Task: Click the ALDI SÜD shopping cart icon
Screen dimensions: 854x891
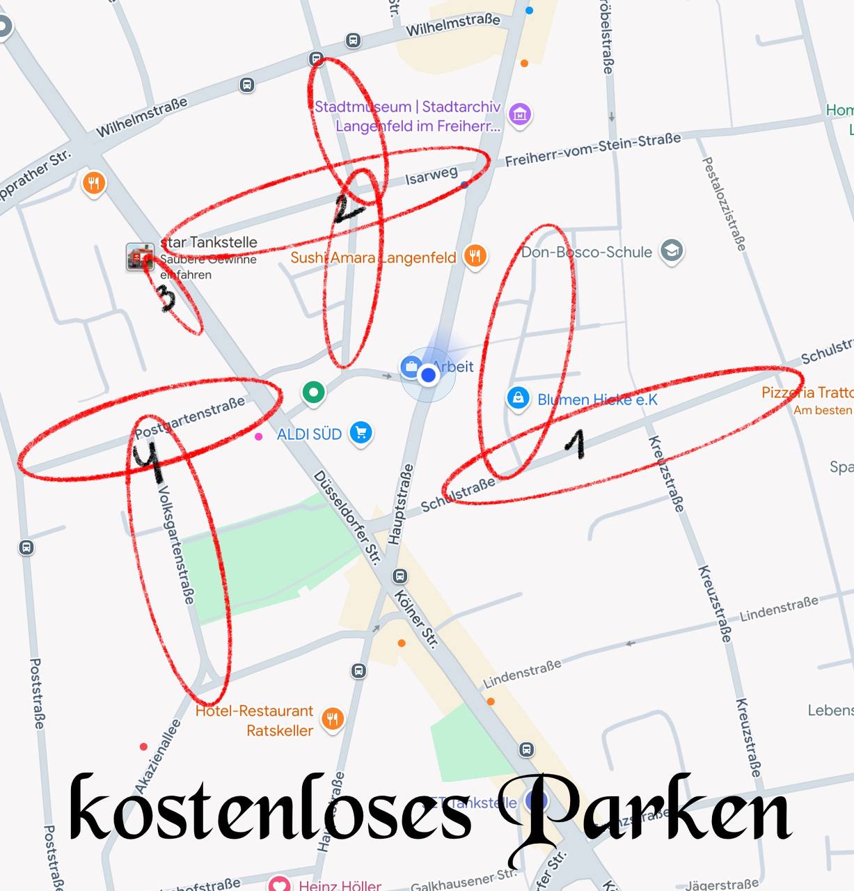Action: coord(361,432)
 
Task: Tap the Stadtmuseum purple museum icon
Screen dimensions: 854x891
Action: coord(520,114)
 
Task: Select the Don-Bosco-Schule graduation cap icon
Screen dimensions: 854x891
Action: coord(672,251)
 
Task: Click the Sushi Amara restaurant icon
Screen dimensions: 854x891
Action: coord(475,255)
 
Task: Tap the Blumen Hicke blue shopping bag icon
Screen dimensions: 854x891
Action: coord(517,398)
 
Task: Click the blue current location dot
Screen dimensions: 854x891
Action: coord(428,375)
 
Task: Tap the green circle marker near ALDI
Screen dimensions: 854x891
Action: coord(313,392)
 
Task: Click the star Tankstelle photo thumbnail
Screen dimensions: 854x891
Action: coord(140,257)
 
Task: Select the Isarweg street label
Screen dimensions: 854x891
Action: coord(432,175)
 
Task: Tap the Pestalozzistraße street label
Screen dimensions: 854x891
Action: coord(724,203)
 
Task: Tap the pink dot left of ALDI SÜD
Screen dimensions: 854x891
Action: coord(259,436)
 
